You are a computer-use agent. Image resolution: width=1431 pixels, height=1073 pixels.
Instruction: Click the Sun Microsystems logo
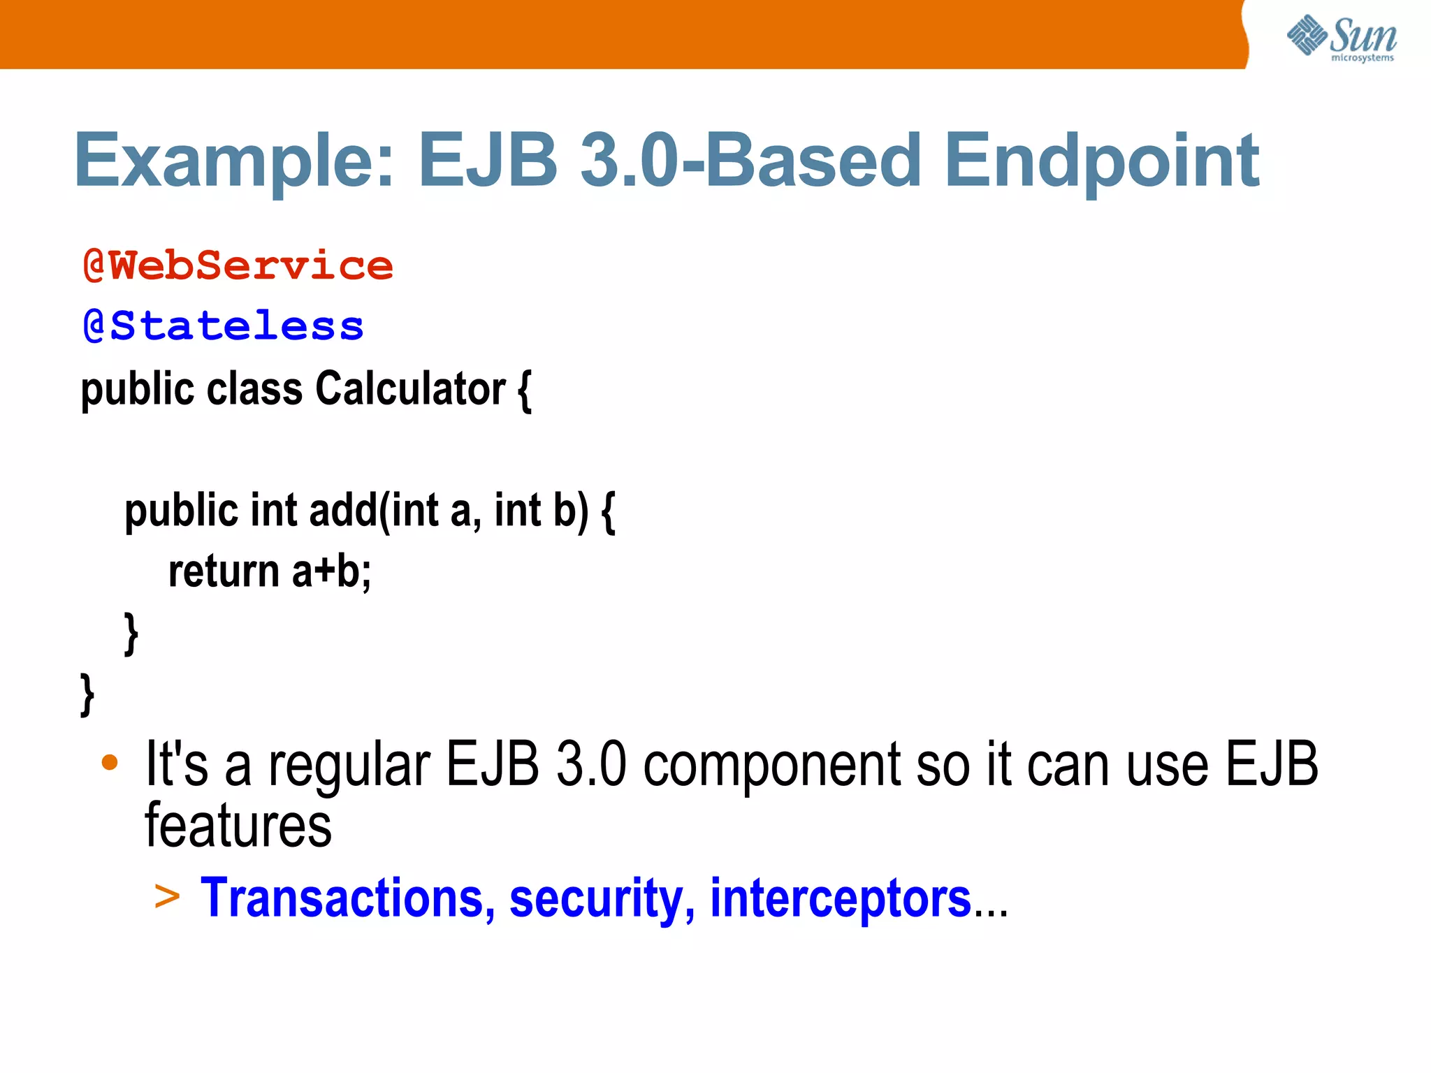(x=1341, y=38)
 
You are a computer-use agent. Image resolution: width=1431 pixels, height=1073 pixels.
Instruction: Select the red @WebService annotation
(x=238, y=266)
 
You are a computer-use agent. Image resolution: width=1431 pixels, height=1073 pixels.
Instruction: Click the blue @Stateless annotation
(x=223, y=326)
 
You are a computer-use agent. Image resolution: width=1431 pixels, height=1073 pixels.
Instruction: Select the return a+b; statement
(x=270, y=571)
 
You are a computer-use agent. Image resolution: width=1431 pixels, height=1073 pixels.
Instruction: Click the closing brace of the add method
(x=131, y=633)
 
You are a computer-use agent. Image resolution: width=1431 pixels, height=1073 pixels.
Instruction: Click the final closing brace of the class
(x=87, y=694)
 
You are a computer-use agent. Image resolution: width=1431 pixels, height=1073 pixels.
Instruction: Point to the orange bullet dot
(x=110, y=762)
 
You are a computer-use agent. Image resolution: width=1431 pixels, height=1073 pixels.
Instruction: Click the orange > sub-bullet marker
(x=167, y=896)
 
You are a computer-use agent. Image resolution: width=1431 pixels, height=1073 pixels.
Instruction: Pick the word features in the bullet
(x=238, y=826)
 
